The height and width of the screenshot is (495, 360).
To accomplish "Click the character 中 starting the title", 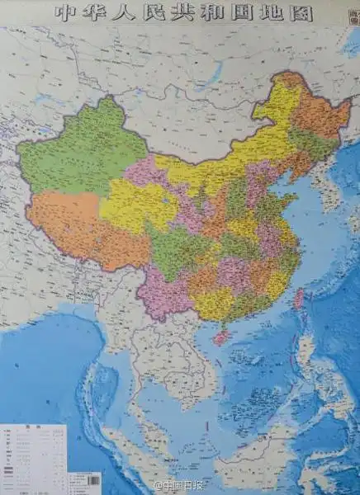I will click(x=64, y=12).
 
